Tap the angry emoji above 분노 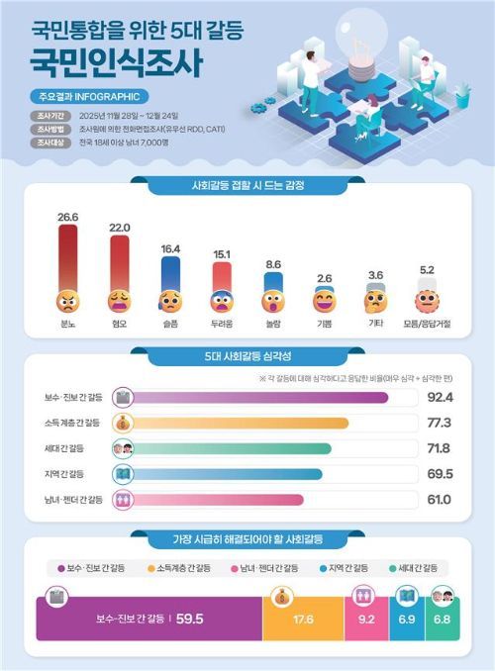point(67,298)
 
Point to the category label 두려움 point(222,323)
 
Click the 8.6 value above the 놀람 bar point(273,264)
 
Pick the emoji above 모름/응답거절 point(427,299)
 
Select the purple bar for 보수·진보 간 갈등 point(257,398)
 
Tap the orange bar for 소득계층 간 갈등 point(238,424)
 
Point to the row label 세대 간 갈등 point(80,448)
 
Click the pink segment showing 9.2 point(364,621)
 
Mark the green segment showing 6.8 point(440,621)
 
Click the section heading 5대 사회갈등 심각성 point(247,354)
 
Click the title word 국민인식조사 point(117,64)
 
